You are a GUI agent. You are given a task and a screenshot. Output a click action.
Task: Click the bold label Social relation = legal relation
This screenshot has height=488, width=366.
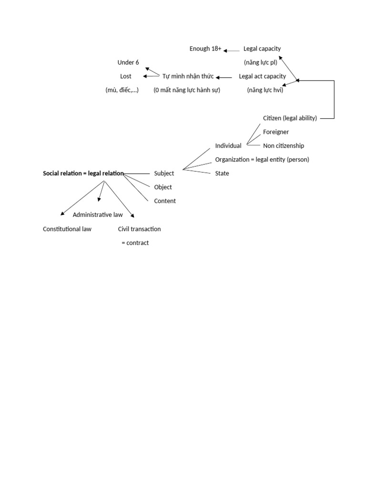coord(83,173)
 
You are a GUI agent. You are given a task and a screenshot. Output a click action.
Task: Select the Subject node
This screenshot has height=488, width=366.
coord(164,173)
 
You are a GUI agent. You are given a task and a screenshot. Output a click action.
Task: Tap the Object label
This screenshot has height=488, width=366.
coord(163,187)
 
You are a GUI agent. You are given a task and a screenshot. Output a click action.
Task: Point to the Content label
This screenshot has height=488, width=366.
coord(165,201)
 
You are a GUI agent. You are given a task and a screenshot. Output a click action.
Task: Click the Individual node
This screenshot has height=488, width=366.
coord(228,146)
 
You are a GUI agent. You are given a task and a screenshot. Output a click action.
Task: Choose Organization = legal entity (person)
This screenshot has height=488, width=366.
coord(262,160)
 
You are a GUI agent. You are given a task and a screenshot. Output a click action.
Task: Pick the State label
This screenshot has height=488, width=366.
coord(222,173)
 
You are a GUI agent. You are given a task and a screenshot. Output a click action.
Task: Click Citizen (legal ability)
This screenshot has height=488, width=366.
coord(290,118)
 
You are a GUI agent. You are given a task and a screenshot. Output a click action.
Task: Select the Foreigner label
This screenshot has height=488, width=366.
coord(276,132)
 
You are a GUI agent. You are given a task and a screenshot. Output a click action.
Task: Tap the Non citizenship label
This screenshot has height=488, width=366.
coord(284,146)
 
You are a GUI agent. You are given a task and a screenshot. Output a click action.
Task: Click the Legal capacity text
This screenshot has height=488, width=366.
coord(262,49)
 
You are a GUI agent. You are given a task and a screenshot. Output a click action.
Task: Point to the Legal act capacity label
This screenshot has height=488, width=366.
coord(262,76)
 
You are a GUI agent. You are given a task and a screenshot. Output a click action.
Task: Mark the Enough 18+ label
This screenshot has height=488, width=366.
coord(205,49)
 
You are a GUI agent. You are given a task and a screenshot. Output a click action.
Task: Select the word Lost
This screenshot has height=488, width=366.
coord(126,76)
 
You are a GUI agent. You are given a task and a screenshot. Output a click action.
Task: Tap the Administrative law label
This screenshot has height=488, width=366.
coord(98,215)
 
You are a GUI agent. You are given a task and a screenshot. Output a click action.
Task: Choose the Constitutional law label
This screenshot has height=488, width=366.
coord(67,229)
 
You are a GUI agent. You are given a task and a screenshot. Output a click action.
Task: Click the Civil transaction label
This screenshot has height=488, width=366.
coord(140,229)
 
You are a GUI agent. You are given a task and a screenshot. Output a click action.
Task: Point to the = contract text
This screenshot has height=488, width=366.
coord(135,243)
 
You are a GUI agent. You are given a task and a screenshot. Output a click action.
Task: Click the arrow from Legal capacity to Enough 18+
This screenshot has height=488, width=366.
coord(232,50)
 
